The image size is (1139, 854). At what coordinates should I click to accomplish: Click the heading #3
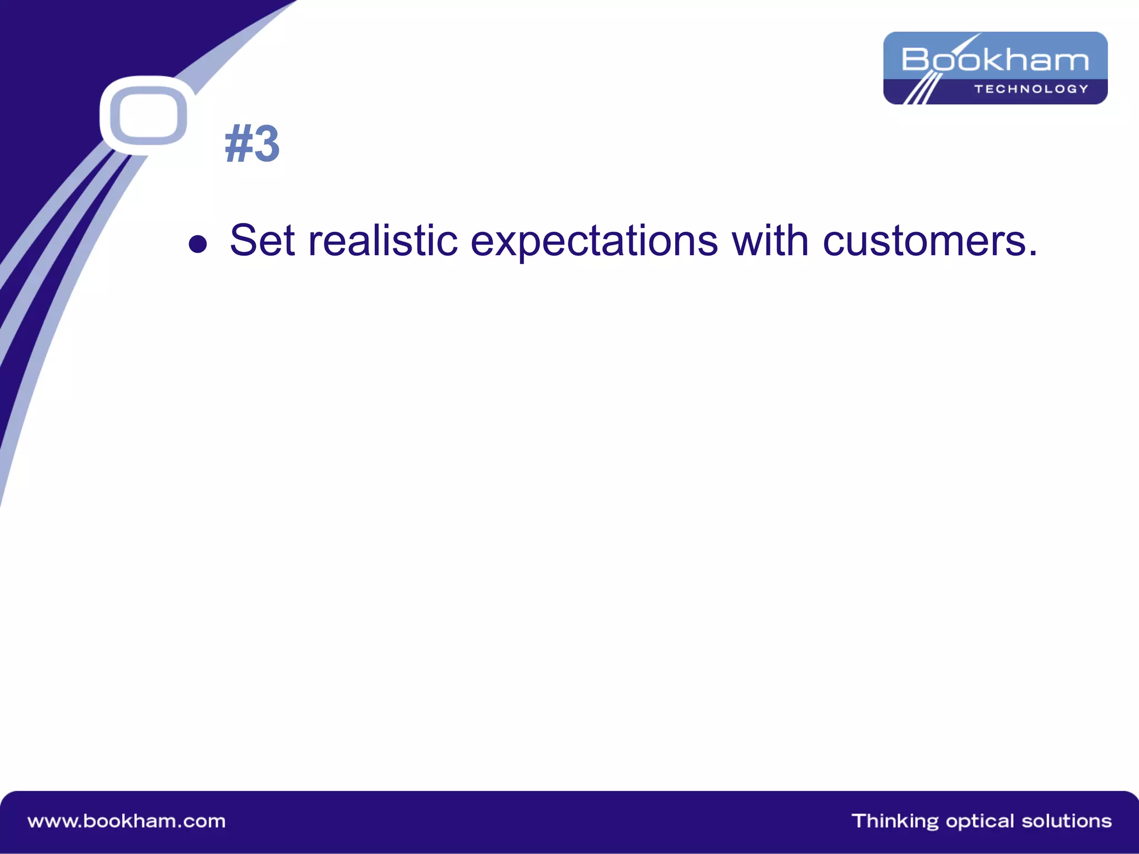252,144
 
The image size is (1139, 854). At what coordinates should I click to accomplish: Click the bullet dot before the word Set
198,244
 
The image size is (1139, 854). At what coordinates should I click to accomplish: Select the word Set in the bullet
262,241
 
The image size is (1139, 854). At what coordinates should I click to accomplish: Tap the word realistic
383,241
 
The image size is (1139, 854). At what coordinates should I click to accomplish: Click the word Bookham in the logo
995,59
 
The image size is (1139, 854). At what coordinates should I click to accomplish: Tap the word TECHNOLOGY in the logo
1031,89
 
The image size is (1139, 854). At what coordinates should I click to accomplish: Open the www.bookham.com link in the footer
127,821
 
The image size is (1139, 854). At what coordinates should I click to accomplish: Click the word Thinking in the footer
895,821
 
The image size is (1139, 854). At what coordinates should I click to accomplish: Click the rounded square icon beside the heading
148,116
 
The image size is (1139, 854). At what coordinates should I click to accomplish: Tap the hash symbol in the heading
238,144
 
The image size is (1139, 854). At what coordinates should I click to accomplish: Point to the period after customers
1033,255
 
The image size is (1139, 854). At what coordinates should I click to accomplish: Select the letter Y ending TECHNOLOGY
1083,89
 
